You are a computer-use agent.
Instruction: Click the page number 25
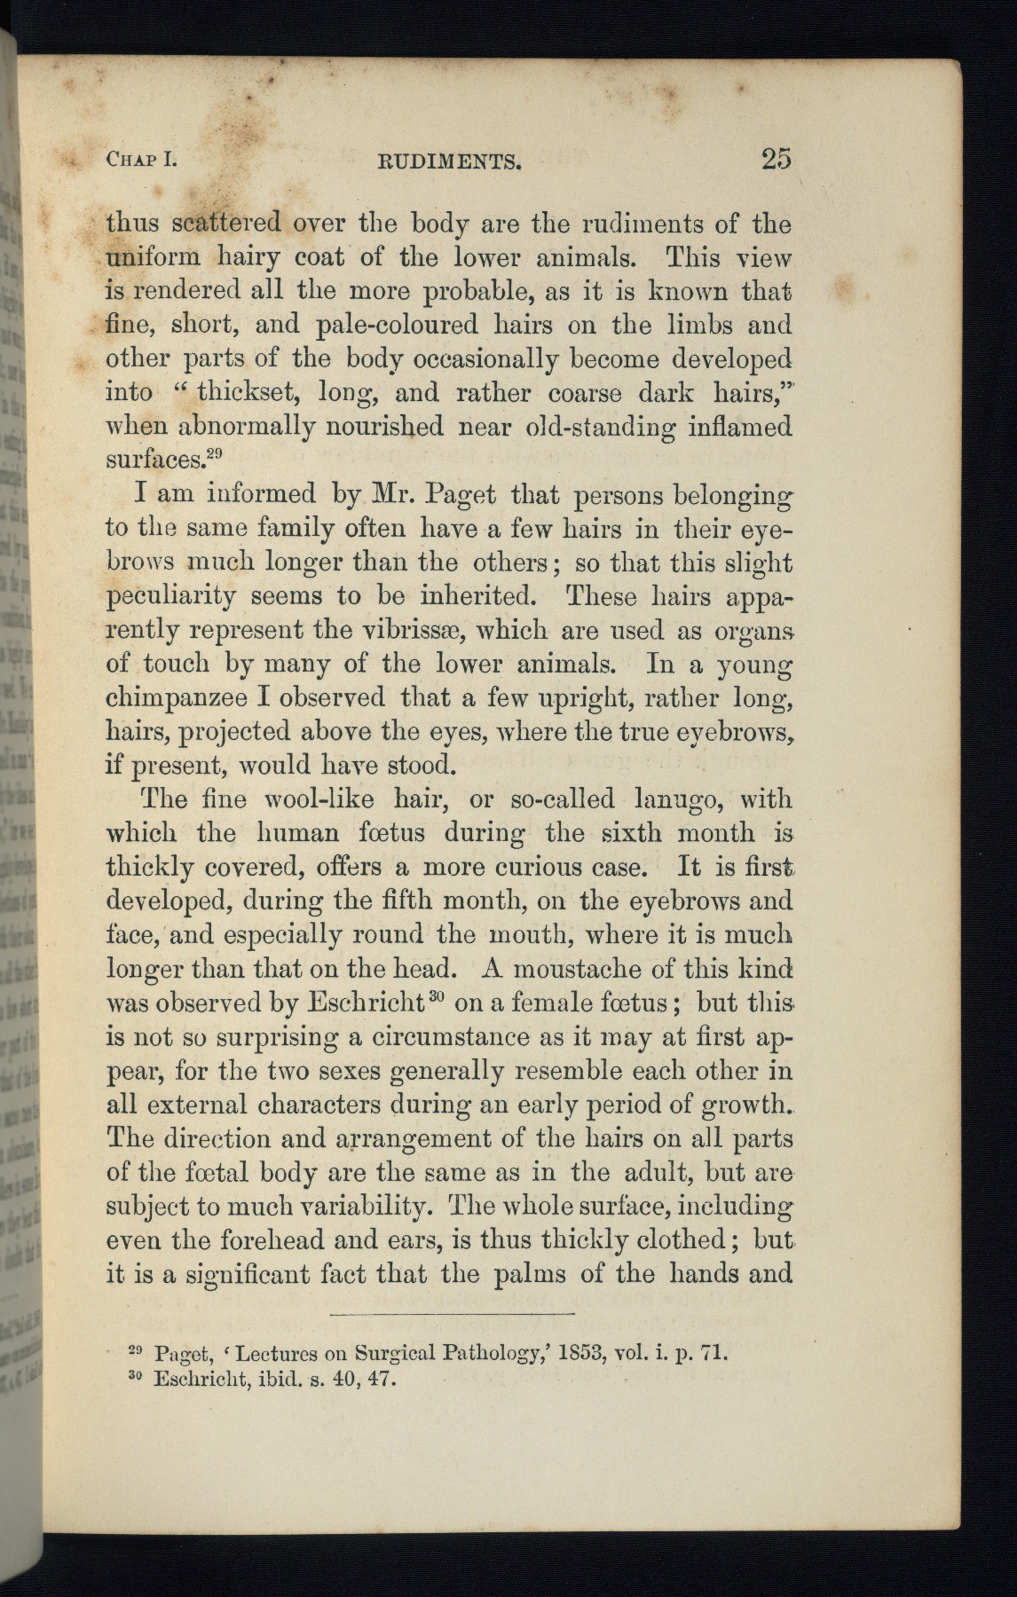pyautogui.click(x=775, y=160)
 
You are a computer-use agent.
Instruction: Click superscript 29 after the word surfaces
pyautogui.click(x=213, y=455)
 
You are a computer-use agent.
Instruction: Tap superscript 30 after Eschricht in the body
pyautogui.click(x=436, y=995)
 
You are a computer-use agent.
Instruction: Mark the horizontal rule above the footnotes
pyautogui.click(x=452, y=1313)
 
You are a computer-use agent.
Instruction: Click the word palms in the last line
pyautogui.click(x=532, y=1273)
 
